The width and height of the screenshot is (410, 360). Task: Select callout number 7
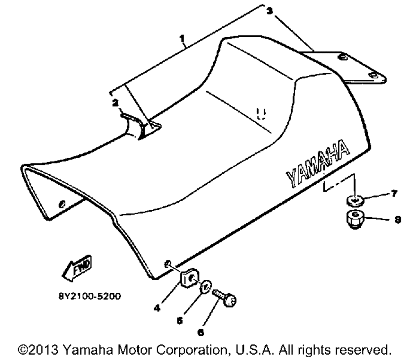[394, 194]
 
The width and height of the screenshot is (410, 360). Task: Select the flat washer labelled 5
[206, 287]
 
